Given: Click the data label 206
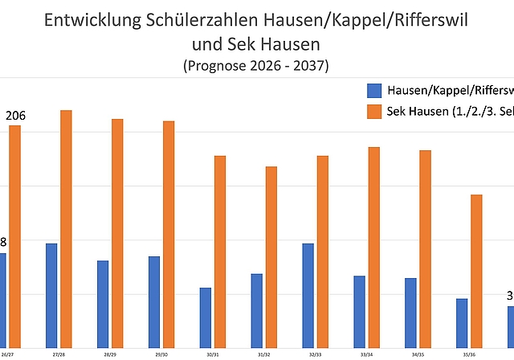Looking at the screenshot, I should (15, 117).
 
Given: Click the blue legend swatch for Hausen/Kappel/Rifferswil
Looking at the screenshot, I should (373, 90).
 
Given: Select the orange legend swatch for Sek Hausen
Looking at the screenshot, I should (373, 110).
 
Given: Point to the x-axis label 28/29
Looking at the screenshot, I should (110, 354).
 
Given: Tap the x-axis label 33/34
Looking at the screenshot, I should (366, 354).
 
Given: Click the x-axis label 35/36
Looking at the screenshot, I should (469, 354).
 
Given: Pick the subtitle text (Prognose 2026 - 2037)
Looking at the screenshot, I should (256, 63).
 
